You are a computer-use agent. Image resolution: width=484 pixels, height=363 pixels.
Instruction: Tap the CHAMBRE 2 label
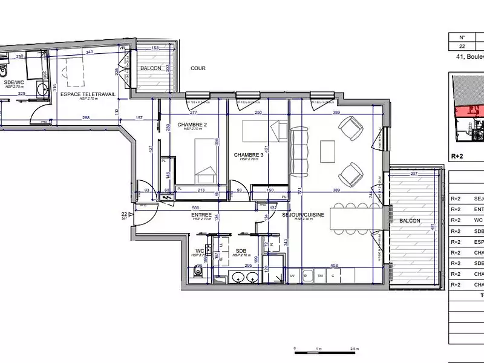[192, 125]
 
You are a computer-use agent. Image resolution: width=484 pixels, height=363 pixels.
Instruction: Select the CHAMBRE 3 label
[249, 155]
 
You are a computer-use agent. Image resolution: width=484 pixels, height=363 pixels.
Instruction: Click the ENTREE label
[201, 215]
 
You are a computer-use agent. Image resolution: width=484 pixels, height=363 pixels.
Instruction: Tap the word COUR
[198, 68]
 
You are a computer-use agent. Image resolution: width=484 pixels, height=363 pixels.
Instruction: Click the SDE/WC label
[13, 82]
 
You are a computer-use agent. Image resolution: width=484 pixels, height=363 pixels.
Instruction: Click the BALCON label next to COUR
[151, 68]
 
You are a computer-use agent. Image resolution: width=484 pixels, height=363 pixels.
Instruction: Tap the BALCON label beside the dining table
[410, 221]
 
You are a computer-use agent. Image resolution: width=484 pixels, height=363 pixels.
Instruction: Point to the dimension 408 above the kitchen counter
[333, 264]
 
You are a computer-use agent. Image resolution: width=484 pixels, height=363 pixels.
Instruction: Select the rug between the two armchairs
[327, 151]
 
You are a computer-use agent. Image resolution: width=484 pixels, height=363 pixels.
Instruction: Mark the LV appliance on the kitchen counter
[293, 276]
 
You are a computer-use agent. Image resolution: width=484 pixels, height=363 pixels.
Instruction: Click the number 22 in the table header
[462, 46]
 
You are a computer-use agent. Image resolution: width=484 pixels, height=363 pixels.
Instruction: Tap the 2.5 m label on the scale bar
[354, 349]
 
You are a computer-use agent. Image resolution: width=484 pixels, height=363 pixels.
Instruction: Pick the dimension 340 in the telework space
[90, 53]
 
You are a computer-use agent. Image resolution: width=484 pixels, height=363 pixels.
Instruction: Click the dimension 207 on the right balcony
[413, 174]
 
